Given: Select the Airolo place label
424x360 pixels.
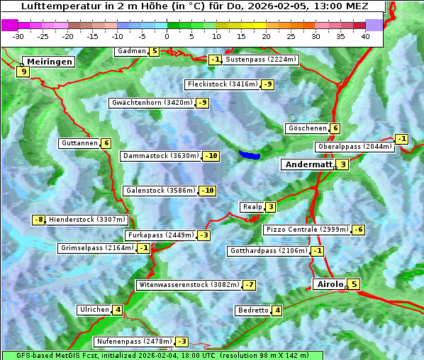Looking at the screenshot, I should click(x=329, y=284).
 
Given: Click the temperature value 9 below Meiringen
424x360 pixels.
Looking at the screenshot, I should click(x=23, y=71).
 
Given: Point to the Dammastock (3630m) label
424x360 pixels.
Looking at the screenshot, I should click(x=161, y=156).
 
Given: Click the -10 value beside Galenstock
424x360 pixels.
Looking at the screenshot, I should click(x=207, y=191).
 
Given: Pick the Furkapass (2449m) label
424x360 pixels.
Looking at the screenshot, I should click(x=160, y=235).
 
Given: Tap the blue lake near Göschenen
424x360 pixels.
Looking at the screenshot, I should click(x=250, y=154).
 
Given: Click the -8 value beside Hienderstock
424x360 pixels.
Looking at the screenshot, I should click(x=40, y=220).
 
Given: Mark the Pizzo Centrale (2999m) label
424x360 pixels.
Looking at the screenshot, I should click(x=307, y=230).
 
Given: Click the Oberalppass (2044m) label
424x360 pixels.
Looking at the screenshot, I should click(x=354, y=147).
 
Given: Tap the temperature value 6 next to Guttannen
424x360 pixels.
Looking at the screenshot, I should click(x=106, y=143).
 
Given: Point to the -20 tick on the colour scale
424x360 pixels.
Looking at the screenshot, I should click(x=68, y=35).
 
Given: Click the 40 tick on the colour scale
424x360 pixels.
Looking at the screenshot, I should click(x=365, y=35).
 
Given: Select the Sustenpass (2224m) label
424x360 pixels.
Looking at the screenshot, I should click(x=260, y=60).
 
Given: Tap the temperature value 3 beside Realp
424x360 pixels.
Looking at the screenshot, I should click(x=271, y=207).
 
